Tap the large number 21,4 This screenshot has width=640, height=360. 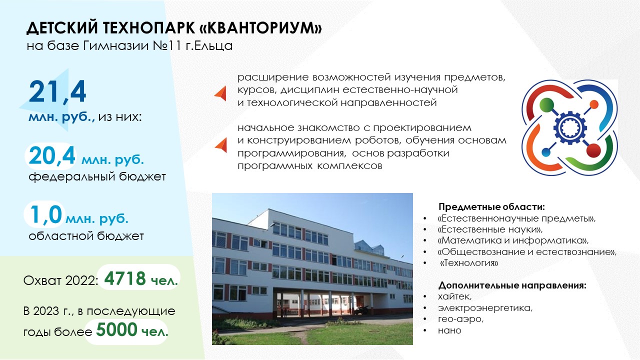coord(57,92)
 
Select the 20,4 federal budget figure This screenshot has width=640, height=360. coord(52,156)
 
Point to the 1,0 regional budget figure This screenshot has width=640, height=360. coord(45,215)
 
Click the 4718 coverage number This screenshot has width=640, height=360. coord(125,278)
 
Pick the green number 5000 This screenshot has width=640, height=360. coord(116,329)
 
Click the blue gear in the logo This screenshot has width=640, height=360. coord(570,127)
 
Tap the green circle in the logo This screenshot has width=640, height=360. coord(546,105)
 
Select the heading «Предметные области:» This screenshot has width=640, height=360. coord(491,206)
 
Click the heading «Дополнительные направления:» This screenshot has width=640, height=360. coord(512,285)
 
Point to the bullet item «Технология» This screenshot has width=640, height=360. coord(469,262)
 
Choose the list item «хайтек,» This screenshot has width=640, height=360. coord(454,296)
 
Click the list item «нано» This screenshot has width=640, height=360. coord(449,330)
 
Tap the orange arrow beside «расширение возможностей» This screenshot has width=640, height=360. coord(220,93)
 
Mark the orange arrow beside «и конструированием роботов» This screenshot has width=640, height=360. coord(221,145)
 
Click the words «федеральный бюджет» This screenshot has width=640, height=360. coord(97,176)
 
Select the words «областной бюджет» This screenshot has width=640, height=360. coord(86,236)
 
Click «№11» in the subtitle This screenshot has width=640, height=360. coord(167,45)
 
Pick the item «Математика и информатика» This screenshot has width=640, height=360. coord(513,240)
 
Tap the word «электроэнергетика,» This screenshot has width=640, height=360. coord(485,308)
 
